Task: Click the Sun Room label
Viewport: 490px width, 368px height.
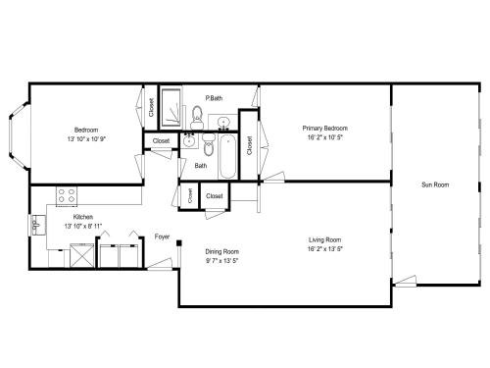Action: click(435, 184)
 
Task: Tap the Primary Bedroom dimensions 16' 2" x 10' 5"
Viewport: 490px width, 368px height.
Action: click(324, 137)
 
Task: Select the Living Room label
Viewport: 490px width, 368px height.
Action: click(324, 239)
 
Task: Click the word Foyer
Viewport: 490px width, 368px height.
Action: click(162, 237)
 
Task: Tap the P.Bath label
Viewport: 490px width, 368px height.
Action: click(214, 97)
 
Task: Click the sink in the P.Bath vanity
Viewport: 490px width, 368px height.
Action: click(223, 123)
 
